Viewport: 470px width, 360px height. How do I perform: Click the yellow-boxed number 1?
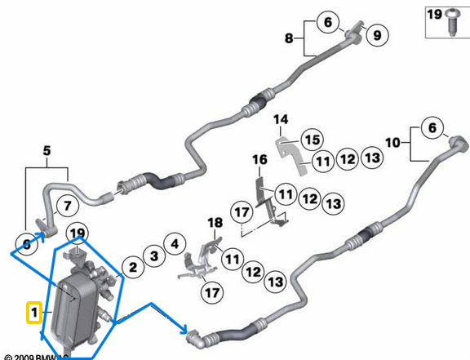(33, 312)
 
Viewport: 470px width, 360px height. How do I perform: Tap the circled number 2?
(129, 266)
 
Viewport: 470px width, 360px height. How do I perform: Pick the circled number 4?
(172, 242)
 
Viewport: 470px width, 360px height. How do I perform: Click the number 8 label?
(288, 38)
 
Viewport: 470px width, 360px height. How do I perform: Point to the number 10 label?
(393, 142)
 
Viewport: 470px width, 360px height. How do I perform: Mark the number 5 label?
(47, 150)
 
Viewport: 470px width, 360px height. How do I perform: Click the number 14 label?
(281, 120)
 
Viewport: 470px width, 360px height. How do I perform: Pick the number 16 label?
(259, 158)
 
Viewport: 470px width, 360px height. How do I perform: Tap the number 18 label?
(214, 222)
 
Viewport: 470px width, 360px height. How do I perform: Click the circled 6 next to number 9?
(328, 23)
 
